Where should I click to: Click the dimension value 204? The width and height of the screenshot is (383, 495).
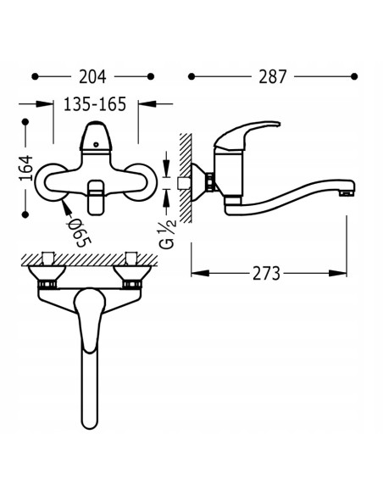(x=92, y=77)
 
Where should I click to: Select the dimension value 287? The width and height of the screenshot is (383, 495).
(x=273, y=77)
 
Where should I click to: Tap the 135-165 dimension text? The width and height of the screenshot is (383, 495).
(x=95, y=104)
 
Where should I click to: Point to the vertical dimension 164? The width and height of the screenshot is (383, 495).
(x=26, y=168)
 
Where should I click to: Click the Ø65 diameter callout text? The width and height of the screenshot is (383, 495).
(x=79, y=232)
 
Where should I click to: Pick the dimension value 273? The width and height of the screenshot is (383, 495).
(x=266, y=274)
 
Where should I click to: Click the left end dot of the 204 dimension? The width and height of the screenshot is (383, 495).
(x=35, y=76)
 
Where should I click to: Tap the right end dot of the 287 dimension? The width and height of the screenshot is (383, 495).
(x=354, y=76)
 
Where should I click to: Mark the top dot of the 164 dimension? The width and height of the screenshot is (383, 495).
(x=25, y=122)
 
